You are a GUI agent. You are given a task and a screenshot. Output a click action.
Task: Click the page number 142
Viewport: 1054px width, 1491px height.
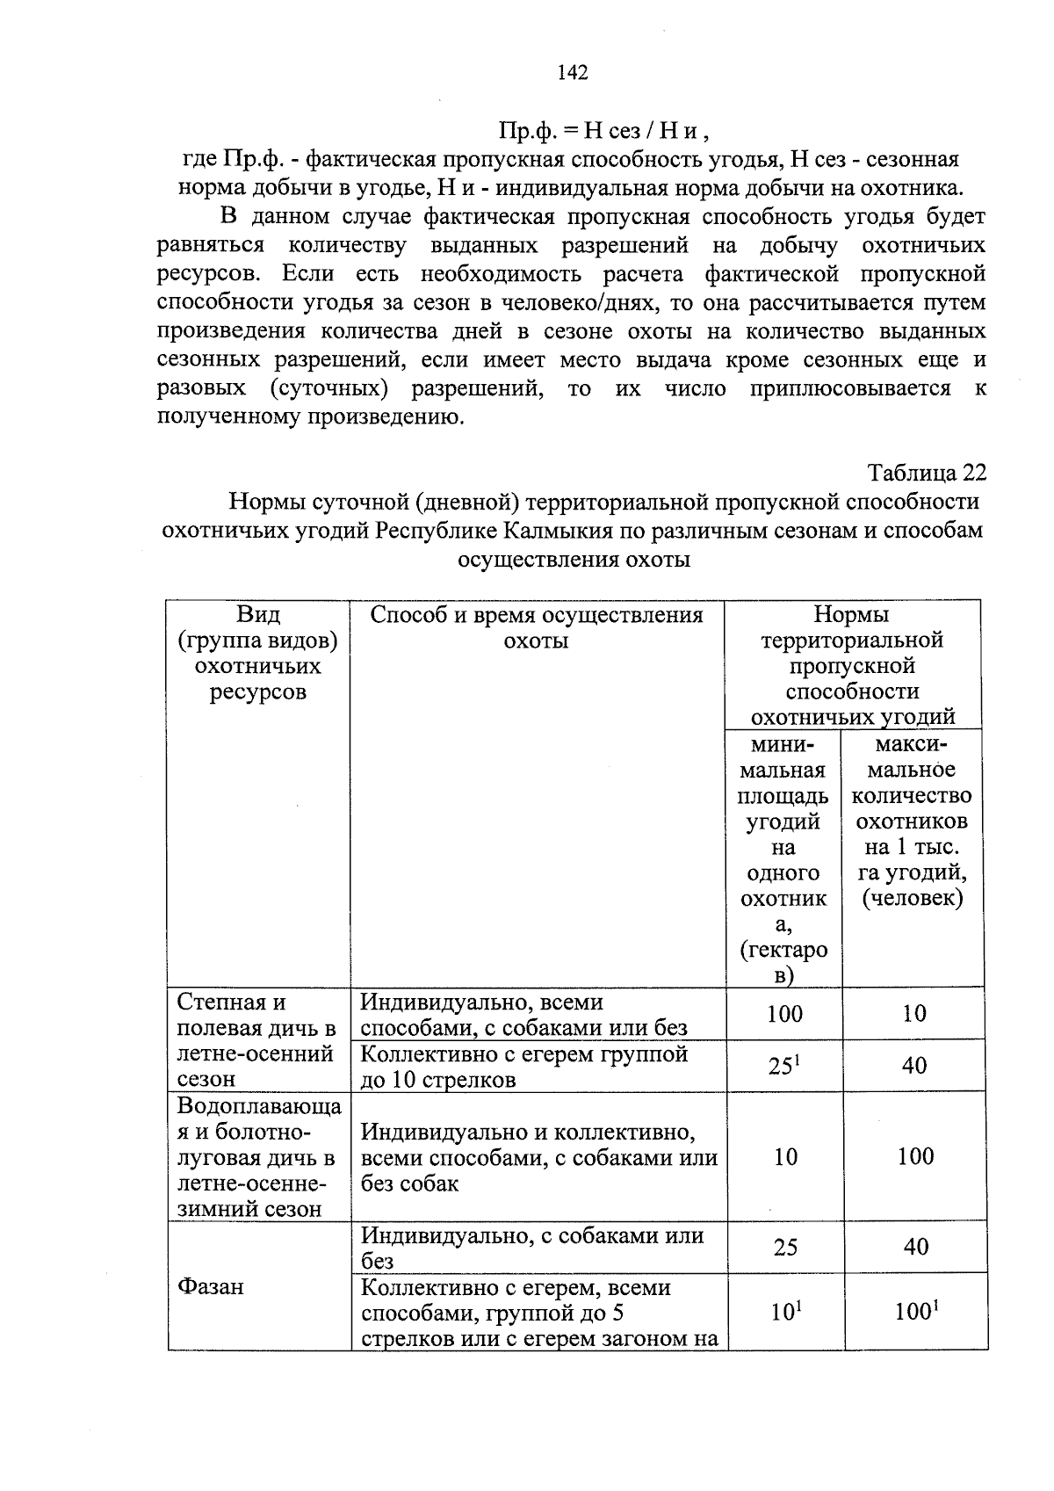[572, 72]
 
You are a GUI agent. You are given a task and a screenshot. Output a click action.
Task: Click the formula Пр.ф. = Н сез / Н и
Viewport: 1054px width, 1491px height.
[603, 132]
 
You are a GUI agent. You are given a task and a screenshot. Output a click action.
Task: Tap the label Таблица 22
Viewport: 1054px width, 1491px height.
[928, 473]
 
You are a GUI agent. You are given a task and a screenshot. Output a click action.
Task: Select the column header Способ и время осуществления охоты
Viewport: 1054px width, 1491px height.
[537, 627]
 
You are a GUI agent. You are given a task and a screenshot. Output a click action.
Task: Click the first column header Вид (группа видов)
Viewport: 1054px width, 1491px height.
[258, 653]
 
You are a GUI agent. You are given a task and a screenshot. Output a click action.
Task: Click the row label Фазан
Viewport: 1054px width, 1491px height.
[211, 1287]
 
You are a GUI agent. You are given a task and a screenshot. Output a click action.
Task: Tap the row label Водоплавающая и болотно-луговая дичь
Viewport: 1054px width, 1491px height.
[258, 1156]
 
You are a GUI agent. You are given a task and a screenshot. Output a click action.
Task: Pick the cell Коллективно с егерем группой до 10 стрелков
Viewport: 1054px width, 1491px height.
[524, 1066]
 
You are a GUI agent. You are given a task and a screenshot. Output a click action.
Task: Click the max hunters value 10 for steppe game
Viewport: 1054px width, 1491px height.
[914, 1014]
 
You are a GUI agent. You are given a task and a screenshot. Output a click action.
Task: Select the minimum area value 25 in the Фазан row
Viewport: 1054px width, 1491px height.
[785, 1248]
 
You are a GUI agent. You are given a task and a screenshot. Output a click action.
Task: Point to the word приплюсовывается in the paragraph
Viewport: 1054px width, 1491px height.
[850, 388]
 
